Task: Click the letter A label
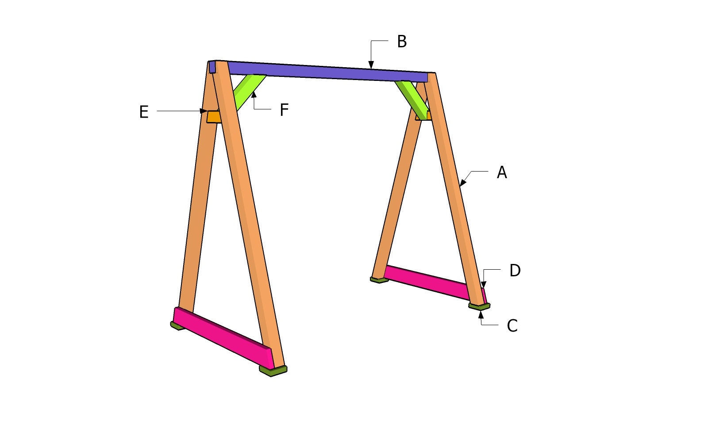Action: point(501,172)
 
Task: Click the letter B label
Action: point(402,42)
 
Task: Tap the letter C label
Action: point(512,326)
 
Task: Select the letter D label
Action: point(515,271)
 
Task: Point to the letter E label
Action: point(144,112)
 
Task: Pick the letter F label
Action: point(284,110)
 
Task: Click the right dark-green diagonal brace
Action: point(412,95)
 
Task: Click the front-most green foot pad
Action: point(273,371)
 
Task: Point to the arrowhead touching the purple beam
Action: point(371,65)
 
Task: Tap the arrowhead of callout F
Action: point(254,95)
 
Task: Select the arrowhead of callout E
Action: point(204,111)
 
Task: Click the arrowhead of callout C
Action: point(481,313)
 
